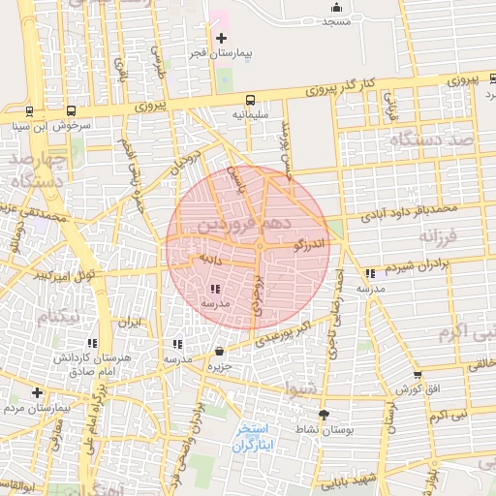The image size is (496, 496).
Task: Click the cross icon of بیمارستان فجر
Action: (x=222, y=39)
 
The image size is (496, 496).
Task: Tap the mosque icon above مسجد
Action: (x=336, y=7)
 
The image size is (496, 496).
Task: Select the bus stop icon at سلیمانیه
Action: (x=251, y=100)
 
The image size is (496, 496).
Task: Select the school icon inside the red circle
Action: (x=214, y=289)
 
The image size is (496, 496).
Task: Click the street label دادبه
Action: (x=211, y=260)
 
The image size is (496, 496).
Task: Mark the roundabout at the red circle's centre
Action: (x=259, y=247)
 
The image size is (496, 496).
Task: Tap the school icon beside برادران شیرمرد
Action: (x=371, y=274)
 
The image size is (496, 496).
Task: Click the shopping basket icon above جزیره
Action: (x=220, y=352)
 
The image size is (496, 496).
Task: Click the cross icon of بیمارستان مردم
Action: (x=37, y=393)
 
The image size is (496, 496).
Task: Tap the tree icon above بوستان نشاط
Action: (x=324, y=414)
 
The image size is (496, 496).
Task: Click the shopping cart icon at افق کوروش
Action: (x=418, y=375)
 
